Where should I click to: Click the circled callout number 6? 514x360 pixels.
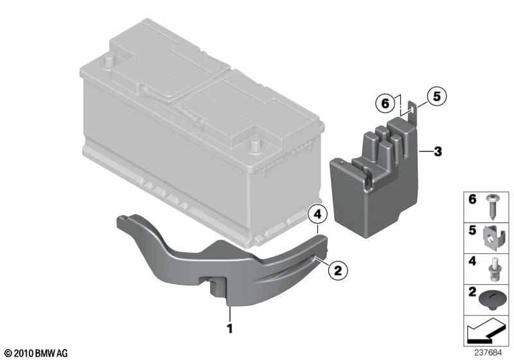385,104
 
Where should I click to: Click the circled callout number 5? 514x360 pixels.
437,96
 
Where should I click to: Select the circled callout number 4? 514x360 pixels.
317,215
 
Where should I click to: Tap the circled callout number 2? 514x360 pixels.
338,271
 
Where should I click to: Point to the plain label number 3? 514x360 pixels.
438,152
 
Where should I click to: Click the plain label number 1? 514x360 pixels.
230,328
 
